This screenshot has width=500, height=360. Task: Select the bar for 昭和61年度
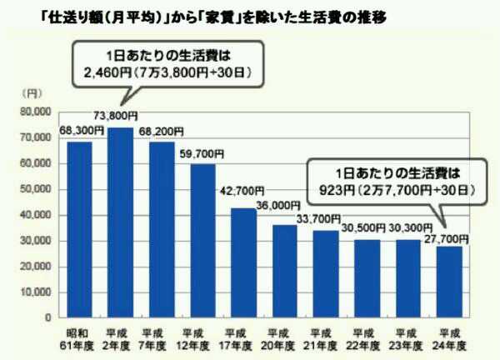click(79, 229)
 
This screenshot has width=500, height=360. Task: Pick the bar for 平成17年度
click(243, 262)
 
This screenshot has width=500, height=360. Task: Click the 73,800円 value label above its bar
click(120, 117)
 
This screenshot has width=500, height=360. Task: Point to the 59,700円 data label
click(202, 153)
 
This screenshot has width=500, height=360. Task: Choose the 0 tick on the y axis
click(48, 317)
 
